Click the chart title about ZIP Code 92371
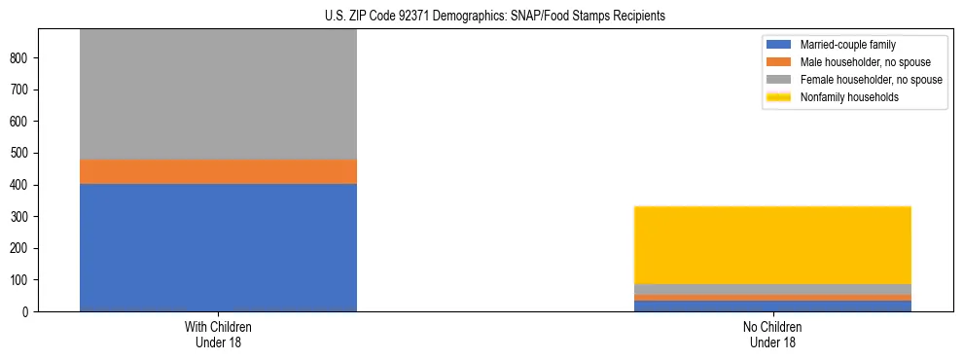pos(495,17)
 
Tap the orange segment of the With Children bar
pos(218,171)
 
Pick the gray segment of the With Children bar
pos(218,93)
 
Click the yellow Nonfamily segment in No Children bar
pos(772,244)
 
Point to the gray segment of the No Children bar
pos(772,289)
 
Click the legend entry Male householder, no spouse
pos(855,62)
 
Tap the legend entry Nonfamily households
pos(842,97)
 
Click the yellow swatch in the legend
pos(779,97)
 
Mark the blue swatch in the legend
pos(779,45)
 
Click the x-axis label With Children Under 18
pos(218,335)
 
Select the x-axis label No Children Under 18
pos(772,335)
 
